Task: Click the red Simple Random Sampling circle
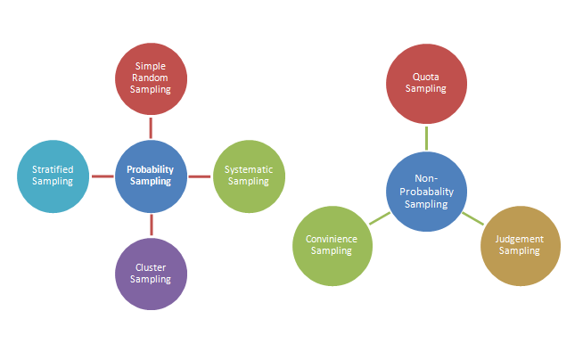point(151,78)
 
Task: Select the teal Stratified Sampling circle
point(53,176)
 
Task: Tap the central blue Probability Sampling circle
point(151,176)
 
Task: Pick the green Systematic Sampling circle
point(249,176)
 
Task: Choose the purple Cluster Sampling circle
point(151,273)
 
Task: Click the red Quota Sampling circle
point(426,83)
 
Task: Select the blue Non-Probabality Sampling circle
point(426,192)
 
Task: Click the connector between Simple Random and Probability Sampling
point(151,127)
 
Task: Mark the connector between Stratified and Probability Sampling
point(103,176)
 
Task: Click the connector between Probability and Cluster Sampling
point(151,225)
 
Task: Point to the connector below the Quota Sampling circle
point(426,137)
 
